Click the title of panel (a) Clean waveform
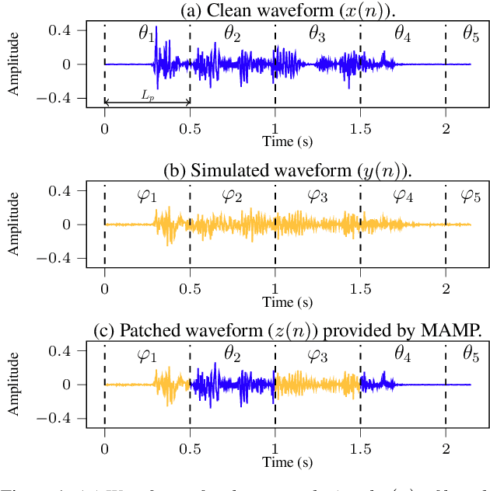287,10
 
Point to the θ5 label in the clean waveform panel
471,34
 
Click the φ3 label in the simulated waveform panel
317,195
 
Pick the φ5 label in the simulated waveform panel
471,195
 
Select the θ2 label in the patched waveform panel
233,355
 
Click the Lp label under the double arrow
148,93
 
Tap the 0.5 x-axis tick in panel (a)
190,128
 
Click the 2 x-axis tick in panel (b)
446,288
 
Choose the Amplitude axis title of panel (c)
14,385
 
